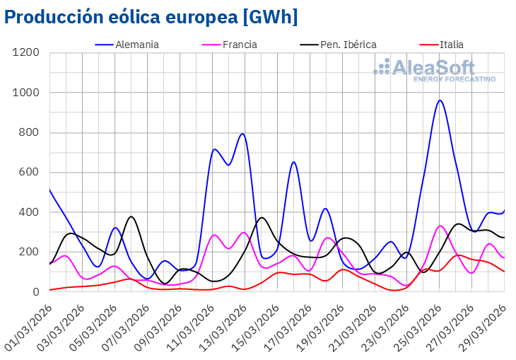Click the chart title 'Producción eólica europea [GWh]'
click(151, 17)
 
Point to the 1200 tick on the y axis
click(25, 53)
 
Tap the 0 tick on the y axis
click(36, 291)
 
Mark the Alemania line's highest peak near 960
click(440, 100)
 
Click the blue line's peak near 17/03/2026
click(293, 162)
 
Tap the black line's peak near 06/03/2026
click(131, 216)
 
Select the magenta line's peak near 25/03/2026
click(440, 226)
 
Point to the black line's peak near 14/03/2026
click(262, 217)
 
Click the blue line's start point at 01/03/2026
click(49, 190)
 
